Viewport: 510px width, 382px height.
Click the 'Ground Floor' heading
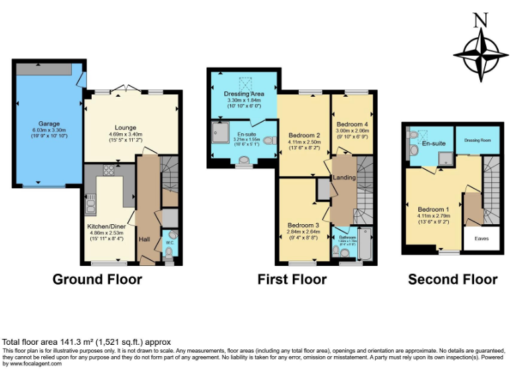coord(97,279)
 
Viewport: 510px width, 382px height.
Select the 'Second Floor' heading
coord(452,279)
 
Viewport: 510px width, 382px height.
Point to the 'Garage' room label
coord(48,123)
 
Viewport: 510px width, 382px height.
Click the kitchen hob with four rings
coord(108,170)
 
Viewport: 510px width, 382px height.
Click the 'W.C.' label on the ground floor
coord(169,243)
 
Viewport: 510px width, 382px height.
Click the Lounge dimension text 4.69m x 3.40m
coord(126,134)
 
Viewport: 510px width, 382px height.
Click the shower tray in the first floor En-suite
coord(218,133)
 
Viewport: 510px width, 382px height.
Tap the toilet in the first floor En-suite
coord(269,141)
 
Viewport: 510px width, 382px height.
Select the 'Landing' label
coord(345,177)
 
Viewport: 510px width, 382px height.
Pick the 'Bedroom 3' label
coord(303,225)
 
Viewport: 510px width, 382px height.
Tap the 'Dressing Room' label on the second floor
coord(477,140)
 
